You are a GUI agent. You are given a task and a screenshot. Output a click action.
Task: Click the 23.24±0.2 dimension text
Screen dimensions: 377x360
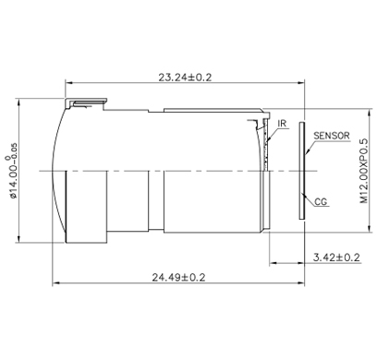click(x=185, y=78)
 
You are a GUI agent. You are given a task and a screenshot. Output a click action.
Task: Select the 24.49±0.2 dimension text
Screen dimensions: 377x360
click(x=178, y=277)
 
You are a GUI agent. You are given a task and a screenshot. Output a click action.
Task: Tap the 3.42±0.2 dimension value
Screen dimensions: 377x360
click(x=336, y=258)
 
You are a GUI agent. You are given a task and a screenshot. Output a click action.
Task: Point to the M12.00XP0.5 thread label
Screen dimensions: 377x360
click(x=364, y=171)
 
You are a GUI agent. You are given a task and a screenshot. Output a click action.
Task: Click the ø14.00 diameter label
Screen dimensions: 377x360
click(x=12, y=171)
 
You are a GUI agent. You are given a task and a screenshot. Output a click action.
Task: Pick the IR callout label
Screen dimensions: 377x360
click(x=282, y=124)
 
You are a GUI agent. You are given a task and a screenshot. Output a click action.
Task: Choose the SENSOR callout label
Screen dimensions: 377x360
click(x=332, y=136)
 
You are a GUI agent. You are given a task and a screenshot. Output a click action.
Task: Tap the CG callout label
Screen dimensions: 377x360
click(x=321, y=202)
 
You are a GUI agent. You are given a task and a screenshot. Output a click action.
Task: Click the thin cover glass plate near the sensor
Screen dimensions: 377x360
click(x=302, y=171)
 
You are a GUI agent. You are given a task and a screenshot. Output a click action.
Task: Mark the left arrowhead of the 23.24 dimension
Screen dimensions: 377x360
click(x=68, y=82)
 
